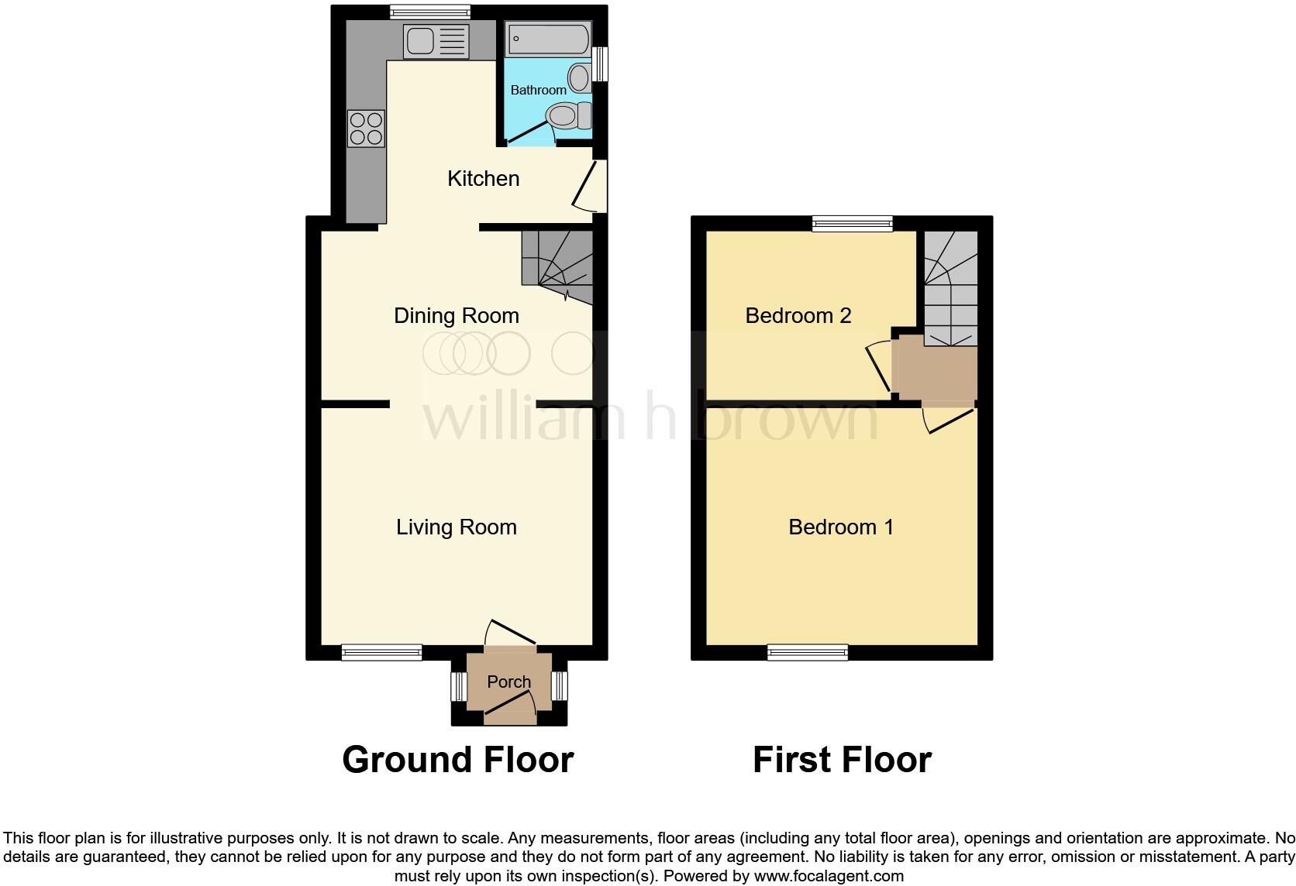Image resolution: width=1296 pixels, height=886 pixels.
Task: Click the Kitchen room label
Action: click(x=483, y=179)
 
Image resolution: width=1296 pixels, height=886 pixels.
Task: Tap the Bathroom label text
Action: click(x=538, y=90)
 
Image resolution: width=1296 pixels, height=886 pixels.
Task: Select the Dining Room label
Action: click(x=457, y=316)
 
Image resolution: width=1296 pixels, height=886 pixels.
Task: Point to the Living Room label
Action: click(x=457, y=527)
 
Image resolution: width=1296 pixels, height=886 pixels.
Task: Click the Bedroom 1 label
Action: click(x=841, y=527)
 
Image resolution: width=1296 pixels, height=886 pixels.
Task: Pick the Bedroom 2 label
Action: click(x=798, y=316)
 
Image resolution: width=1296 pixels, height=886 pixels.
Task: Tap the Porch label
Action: click(x=509, y=682)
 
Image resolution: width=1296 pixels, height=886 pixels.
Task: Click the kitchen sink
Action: click(x=436, y=40)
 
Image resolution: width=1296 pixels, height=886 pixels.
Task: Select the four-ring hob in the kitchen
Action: click(x=366, y=129)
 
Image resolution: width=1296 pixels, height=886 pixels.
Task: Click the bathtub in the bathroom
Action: click(x=548, y=39)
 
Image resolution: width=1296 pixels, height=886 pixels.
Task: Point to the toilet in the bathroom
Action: click(x=567, y=117)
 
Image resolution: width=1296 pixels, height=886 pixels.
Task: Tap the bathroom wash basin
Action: click(x=579, y=77)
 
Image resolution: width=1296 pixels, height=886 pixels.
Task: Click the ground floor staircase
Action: click(x=557, y=267)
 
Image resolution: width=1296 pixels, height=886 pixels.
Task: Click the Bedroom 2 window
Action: click(x=853, y=224)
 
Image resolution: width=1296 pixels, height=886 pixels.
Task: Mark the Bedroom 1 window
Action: click(x=808, y=652)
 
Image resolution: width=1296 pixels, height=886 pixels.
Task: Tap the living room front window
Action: click(x=382, y=652)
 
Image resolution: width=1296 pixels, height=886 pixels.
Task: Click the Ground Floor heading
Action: click(x=457, y=760)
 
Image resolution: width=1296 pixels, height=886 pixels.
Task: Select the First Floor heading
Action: click(x=842, y=760)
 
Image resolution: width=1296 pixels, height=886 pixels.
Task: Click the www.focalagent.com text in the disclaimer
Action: click(x=829, y=876)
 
